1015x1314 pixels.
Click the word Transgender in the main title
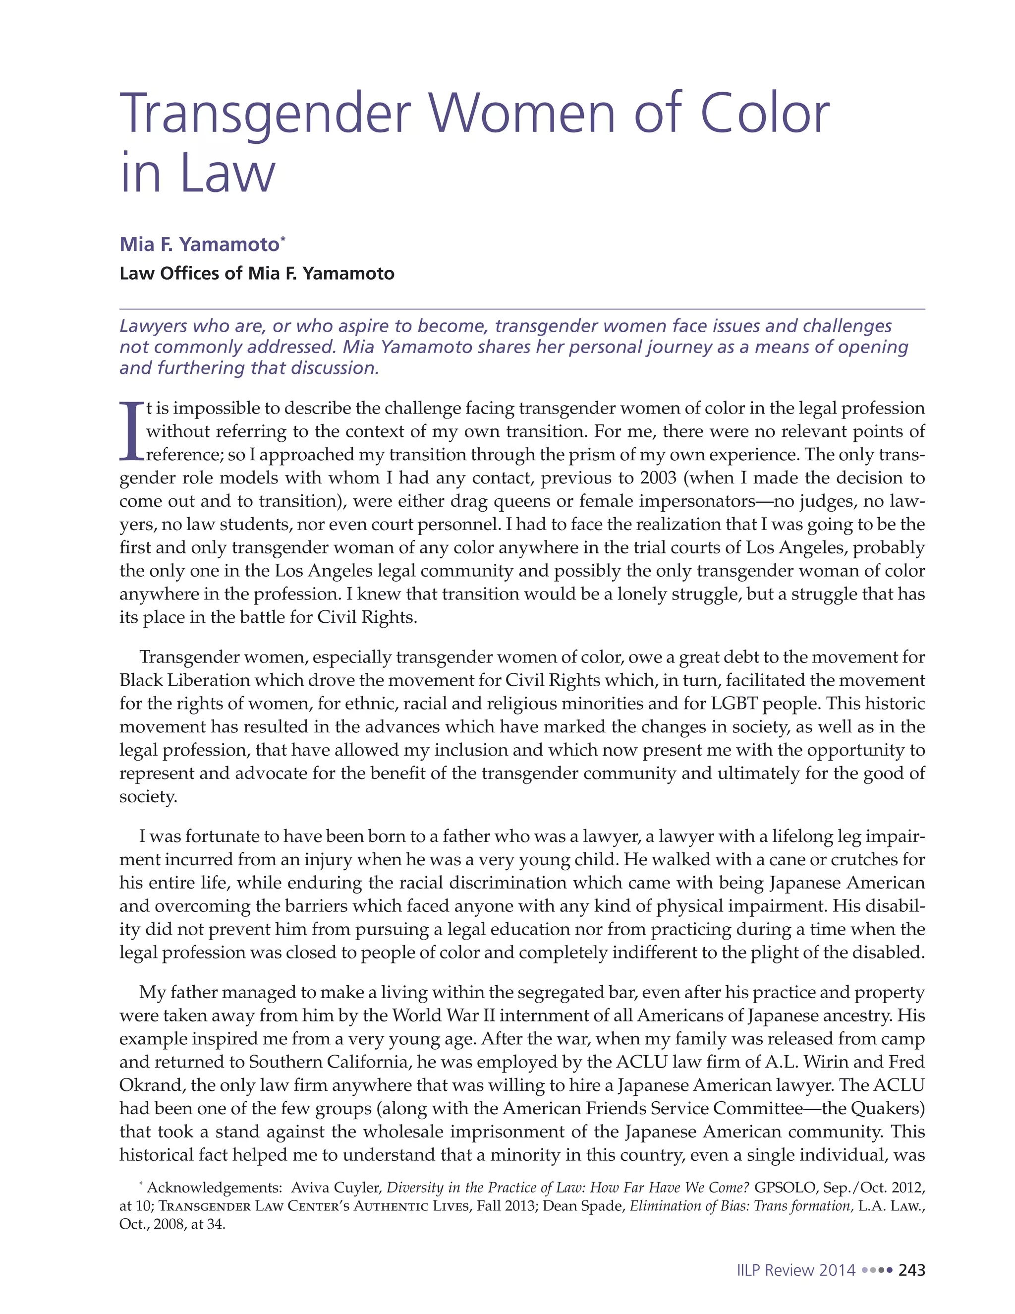click(265, 115)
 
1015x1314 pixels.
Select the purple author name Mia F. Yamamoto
click(199, 244)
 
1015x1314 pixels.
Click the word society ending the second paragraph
click(148, 797)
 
